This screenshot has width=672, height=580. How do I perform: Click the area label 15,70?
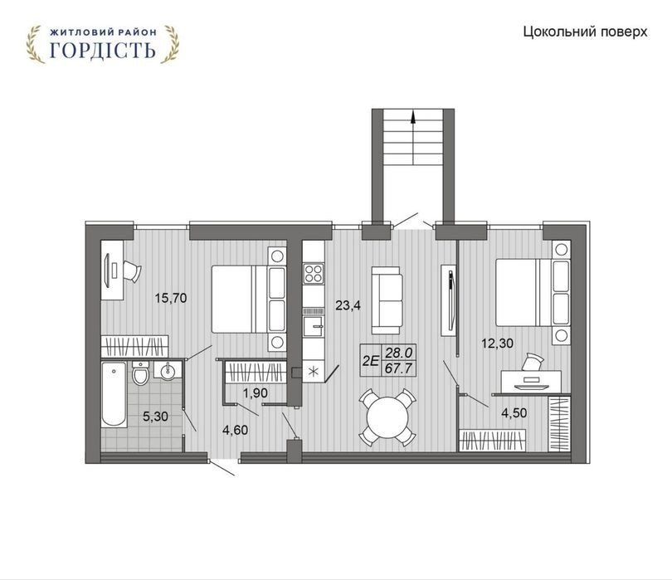click(x=171, y=298)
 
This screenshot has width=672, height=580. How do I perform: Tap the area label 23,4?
click(x=348, y=305)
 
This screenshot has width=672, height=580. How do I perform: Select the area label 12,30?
click(x=497, y=344)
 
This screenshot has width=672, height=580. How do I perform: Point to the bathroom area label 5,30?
click(x=155, y=417)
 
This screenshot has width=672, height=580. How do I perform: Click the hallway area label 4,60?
click(x=236, y=430)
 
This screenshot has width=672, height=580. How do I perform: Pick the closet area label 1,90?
click(x=256, y=392)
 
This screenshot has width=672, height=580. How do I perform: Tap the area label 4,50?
click(x=514, y=413)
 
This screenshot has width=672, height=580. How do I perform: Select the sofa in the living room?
click(x=387, y=300)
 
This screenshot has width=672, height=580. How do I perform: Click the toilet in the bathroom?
click(x=140, y=372)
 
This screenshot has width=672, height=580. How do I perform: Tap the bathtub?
click(x=114, y=394)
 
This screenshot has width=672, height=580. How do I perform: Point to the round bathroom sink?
click(x=168, y=370)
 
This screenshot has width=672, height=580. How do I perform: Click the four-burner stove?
click(x=314, y=274)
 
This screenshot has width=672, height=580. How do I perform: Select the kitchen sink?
click(x=314, y=327)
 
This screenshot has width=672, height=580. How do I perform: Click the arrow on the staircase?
click(x=412, y=138)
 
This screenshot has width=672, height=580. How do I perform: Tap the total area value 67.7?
click(x=398, y=368)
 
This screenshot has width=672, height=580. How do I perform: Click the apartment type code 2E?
click(x=371, y=361)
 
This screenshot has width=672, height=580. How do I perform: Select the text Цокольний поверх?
click(x=585, y=32)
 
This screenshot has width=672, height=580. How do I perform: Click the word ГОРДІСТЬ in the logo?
click(x=102, y=51)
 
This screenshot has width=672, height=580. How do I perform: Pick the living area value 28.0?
click(x=399, y=353)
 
